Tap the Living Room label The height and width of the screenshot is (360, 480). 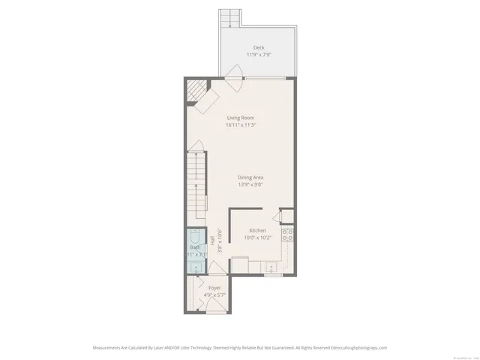241,118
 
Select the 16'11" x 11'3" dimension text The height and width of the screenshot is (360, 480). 241,125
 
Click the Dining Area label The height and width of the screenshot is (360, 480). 250,177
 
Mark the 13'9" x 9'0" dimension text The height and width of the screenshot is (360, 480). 250,184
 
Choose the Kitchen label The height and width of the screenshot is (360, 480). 257,230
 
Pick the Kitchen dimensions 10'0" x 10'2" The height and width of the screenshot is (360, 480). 257,238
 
